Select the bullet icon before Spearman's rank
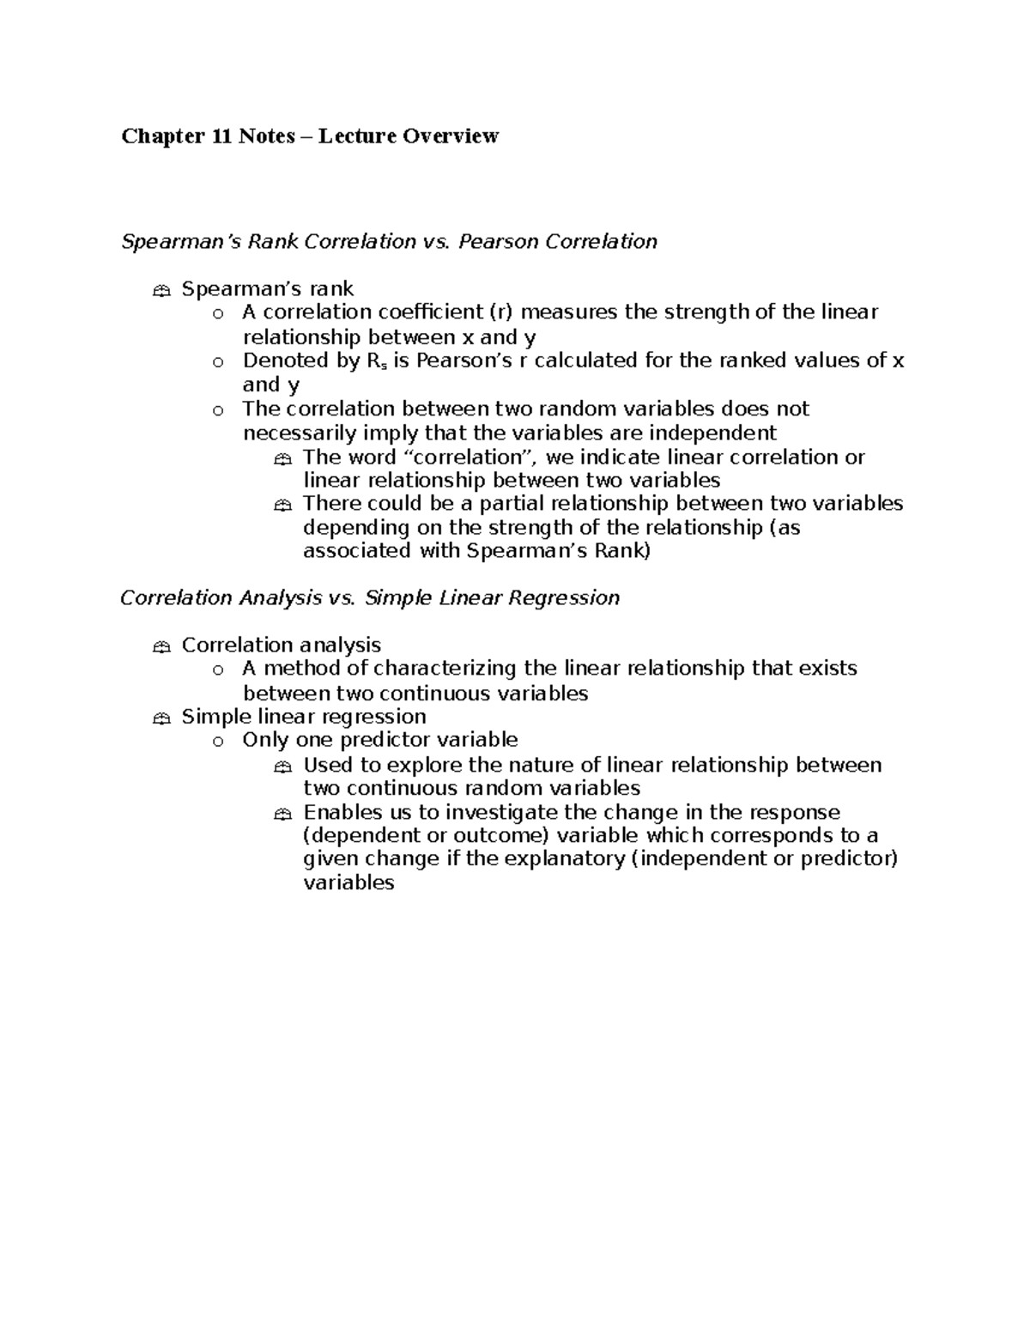tap(161, 291)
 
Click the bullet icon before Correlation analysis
tap(161, 647)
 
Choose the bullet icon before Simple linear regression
tap(161, 718)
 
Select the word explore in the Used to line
tap(420, 766)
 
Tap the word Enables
tap(340, 813)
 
